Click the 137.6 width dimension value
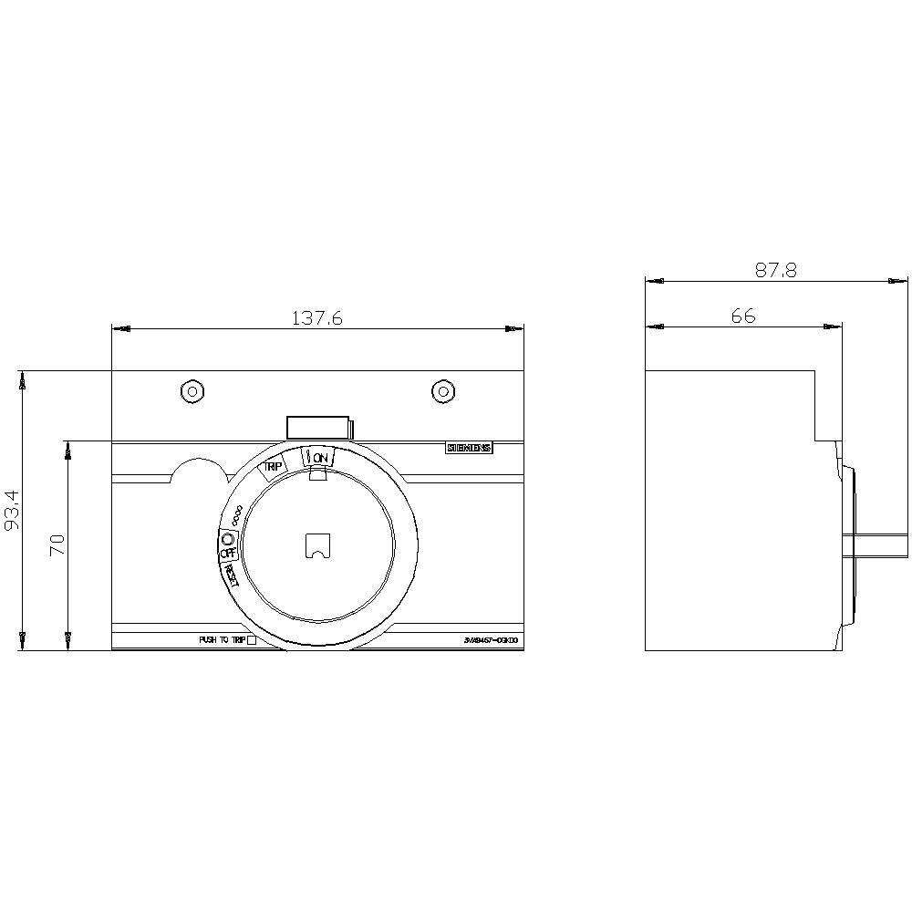(317, 317)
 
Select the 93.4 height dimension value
(11, 513)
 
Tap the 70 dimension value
(57, 545)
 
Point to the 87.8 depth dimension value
(776, 270)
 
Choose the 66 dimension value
(743, 316)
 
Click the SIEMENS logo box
(469, 448)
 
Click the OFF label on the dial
(227, 553)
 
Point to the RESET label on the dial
(232, 574)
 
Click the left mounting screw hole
(192, 391)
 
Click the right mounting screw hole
(442, 391)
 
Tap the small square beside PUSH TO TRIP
(253, 640)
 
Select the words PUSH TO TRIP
(222, 640)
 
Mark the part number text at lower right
(491, 640)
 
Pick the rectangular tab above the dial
(318, 427)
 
